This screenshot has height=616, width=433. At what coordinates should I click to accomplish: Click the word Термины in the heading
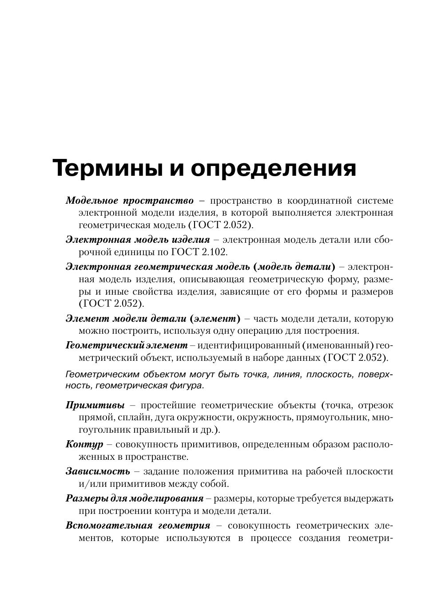(107, 168)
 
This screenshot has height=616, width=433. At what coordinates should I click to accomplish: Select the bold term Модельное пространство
(130, 201)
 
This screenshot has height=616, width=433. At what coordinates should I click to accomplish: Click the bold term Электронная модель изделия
(138, 240)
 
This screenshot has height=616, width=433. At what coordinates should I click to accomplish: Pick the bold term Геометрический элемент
(127, 345)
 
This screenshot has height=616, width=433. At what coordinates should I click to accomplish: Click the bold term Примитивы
(95, 405)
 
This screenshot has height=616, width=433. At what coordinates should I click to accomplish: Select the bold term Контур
(84, 444)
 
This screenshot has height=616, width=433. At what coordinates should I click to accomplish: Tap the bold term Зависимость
(98, 471)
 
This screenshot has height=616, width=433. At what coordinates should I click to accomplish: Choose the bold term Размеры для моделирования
(135, 498)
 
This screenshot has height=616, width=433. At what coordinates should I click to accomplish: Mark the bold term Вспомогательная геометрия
(138, 525)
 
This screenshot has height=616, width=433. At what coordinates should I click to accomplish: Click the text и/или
(90, 484)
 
